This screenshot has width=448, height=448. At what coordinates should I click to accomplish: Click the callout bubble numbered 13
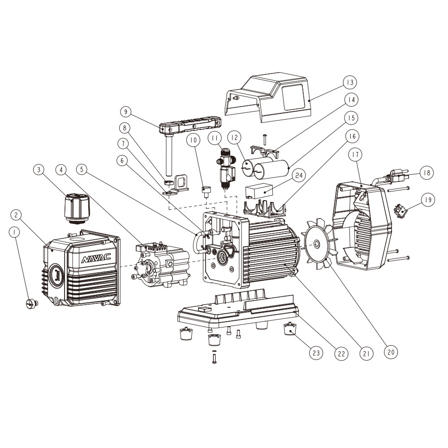coord(349,82)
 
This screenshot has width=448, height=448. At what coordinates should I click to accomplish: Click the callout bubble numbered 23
coord(316,353)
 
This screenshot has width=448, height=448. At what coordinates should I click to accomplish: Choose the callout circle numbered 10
coord(193,140)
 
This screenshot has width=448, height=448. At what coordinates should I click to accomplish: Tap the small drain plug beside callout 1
coord(32,303)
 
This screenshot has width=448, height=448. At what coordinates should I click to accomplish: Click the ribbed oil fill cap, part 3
coord(75,207)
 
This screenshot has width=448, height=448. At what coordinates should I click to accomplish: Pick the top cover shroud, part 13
coord(269,96)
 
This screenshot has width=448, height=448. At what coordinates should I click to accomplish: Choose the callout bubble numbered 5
coord(82,169)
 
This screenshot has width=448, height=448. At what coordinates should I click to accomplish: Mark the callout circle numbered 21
coord(366,353)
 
